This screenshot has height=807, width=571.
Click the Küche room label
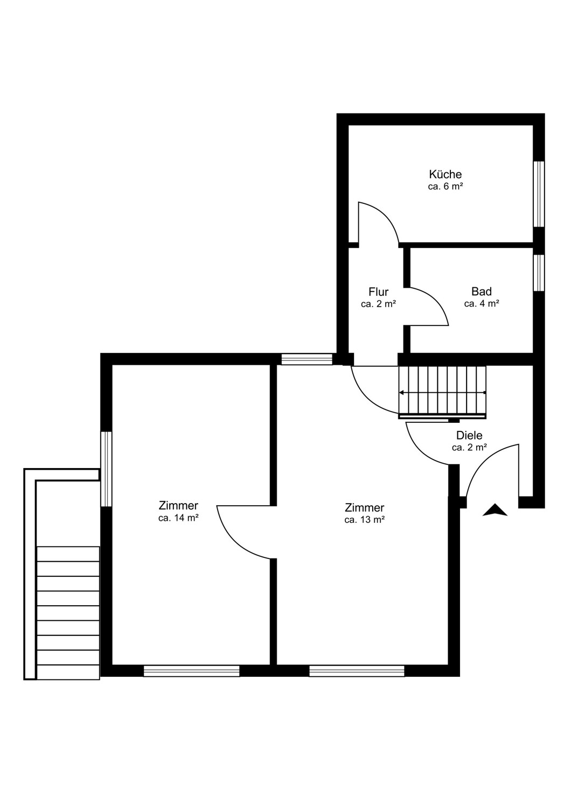pos(445,174)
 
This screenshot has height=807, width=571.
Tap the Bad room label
pos(481,291)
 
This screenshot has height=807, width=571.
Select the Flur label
pos(378,291)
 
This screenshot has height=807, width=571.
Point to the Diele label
pos(469,435)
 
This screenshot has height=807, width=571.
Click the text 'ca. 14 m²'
pos(178,518)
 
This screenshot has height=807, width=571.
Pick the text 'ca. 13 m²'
pos(364,520)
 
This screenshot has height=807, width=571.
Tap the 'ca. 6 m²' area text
pos(445,187)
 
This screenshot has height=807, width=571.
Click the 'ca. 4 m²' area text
pos(481,304)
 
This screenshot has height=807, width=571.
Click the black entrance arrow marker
pos(495,510)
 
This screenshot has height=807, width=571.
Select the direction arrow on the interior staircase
pos(442,392)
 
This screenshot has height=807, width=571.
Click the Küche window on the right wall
pos(539,194)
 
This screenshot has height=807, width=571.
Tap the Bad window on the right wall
pos(539,273)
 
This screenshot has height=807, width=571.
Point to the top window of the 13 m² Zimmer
pos(307,359)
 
